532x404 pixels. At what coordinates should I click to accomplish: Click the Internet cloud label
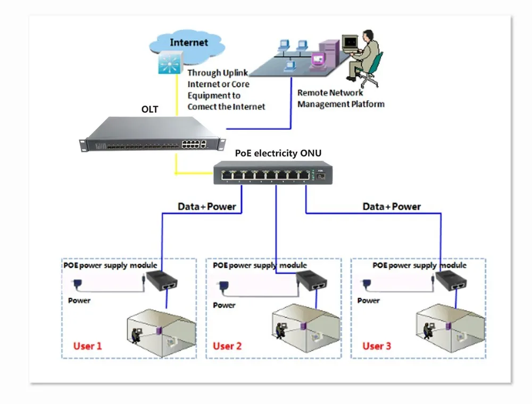[189, 42]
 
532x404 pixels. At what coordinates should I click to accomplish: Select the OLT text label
[149, 110]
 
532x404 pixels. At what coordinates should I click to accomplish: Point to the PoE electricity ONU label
[278, 153]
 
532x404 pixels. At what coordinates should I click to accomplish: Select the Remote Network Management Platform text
[340, 98]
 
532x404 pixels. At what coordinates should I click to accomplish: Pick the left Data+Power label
[206, 207]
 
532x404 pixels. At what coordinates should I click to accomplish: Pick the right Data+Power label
[392, 207]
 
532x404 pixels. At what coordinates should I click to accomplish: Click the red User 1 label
[87, 346]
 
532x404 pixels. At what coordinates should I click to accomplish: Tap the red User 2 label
[227, 346]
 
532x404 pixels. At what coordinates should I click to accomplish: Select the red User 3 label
[377, 346]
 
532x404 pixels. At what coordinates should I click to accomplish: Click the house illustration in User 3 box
[450, 325]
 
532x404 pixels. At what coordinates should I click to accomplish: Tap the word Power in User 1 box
[79, 300]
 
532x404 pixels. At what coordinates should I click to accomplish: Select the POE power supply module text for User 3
[419, 265]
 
